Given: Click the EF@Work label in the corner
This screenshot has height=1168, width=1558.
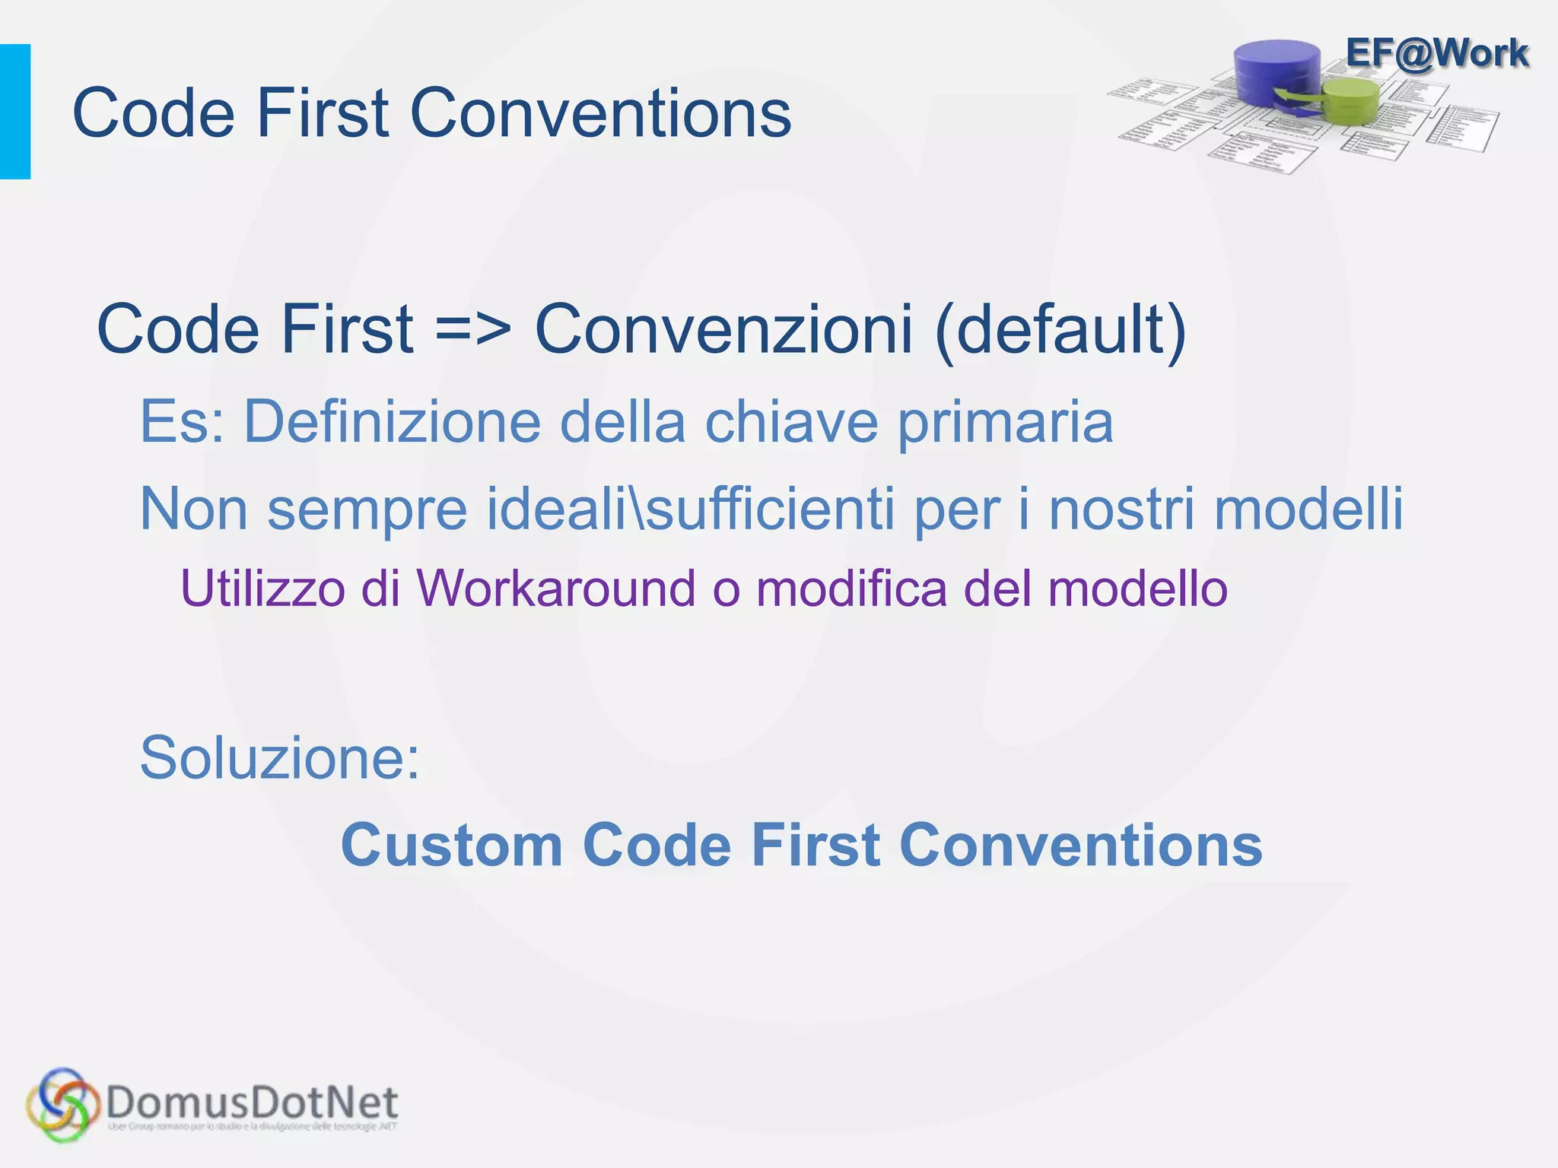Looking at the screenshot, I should (1436, 53).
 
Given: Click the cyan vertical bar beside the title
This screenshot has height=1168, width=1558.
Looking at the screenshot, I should (15, 112).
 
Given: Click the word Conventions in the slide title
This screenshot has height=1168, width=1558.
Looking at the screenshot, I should (600, 113).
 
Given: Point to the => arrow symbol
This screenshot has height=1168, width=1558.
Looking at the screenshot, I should (473, 330).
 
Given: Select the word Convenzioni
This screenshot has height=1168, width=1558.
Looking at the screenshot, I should (723, 330).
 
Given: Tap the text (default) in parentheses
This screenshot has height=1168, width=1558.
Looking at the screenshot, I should (1060, 330).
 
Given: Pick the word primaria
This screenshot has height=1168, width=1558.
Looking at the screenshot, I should (1005, 423).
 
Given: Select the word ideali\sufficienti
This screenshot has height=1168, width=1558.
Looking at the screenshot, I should (690, 509).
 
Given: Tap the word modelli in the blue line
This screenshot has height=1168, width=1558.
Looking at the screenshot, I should (1308, 509).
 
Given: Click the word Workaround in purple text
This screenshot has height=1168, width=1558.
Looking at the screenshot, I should (555, 589).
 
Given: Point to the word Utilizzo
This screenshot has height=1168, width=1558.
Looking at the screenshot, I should (262, 589).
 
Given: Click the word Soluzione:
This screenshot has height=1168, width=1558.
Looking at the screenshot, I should (280, 758).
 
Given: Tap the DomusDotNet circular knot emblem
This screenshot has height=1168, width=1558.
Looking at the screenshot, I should (62, 1105).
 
